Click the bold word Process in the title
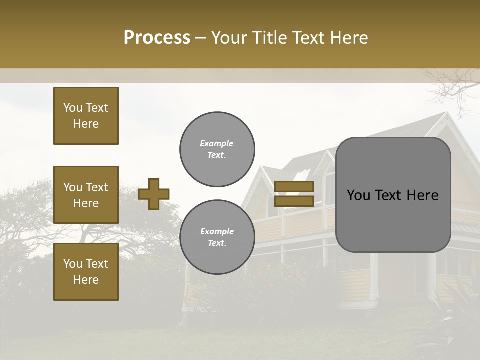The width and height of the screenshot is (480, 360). click(157, 38)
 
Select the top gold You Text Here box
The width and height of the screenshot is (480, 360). click(86, 116)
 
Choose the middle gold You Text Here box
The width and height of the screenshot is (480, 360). click(86, 195)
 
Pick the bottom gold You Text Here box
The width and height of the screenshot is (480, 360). click(86, 272)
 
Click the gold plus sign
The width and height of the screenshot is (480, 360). click(154, 194)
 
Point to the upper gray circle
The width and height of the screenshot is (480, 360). click(217, 149)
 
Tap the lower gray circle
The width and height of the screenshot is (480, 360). click(217, 237)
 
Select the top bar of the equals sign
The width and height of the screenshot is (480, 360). click(294, 187)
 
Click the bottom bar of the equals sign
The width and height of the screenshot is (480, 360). click(294, 201)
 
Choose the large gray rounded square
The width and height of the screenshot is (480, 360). click(393, 195)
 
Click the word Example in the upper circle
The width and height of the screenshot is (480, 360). click(217, 144)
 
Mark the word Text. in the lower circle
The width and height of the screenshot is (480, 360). click(217, 243)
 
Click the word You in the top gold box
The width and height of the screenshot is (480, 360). click(73, 108)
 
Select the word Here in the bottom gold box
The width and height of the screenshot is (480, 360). click(86, 280)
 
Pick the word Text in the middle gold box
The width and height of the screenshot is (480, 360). click(97, 187)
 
